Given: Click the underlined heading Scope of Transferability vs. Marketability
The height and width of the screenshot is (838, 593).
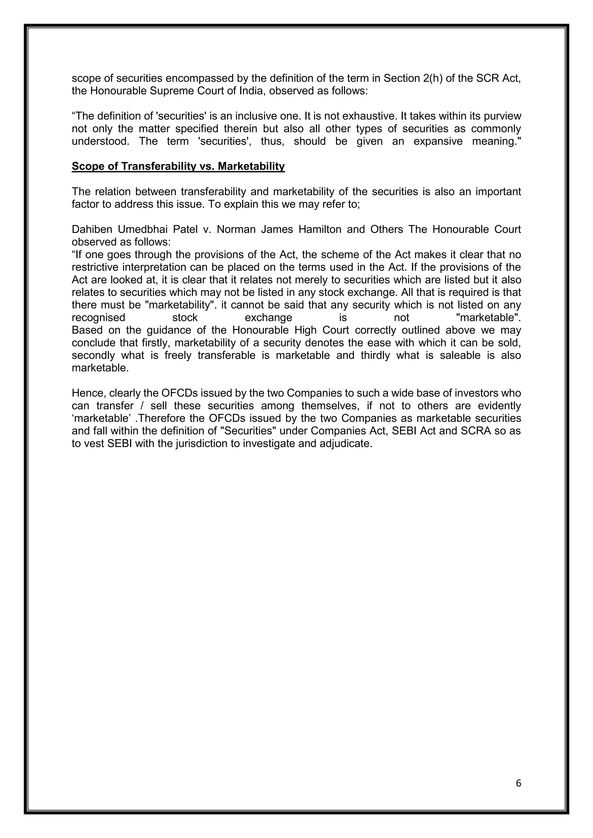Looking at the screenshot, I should (178, 166).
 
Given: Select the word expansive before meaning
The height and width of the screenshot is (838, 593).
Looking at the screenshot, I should (438, 141).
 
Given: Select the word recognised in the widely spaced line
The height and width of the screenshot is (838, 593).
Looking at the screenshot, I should (98, 317).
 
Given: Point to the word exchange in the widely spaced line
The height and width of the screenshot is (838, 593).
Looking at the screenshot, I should (268, 317).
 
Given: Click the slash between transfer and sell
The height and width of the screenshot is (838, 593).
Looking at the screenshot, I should (142, 406).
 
